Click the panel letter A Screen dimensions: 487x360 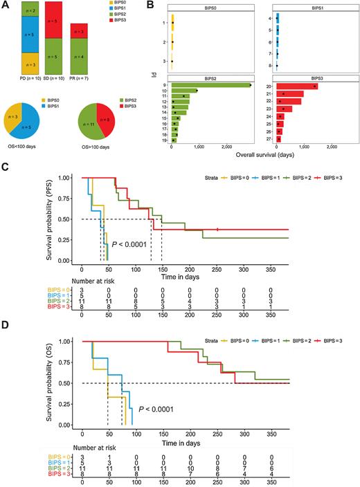click(x=6, y=6)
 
